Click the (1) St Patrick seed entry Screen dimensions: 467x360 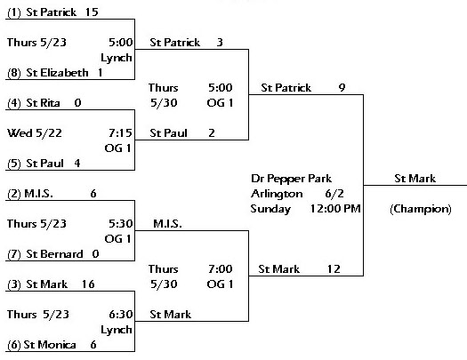click(42, 12)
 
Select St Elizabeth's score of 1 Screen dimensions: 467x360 click(100, 73)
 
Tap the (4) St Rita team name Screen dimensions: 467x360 click(34, 103)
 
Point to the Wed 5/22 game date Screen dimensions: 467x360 click(35, 133)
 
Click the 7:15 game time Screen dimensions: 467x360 click(120, 133)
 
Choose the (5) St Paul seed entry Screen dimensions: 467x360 click(36, 164)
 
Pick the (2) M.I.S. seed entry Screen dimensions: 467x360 click(30, 194)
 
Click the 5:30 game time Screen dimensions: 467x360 click(120, 224)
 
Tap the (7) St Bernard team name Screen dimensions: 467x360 click(45, 254)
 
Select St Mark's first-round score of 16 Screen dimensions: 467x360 click(88, 284)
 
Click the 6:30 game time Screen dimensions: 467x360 click(121, 315)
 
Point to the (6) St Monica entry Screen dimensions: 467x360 click(42, 345)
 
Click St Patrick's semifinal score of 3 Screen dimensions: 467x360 click(220, 43)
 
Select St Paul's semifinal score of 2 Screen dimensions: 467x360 click(212, 133)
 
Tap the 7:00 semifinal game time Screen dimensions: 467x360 click(220, 269)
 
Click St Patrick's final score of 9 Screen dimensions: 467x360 click(342, 88)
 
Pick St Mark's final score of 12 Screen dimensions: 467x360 click(334, 269)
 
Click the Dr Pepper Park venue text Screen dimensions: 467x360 click(291, 179)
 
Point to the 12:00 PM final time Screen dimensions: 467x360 click(335, 209)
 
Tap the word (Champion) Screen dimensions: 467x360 click(421, 209)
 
